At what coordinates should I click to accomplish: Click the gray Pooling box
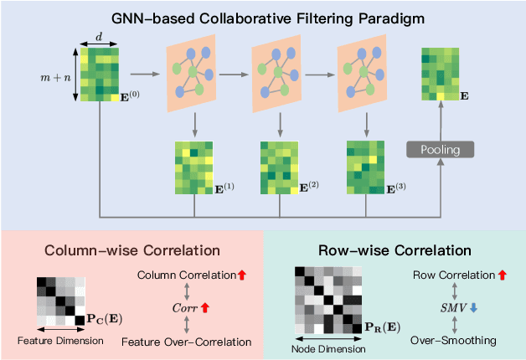pyautogui.click(x=440, y=149)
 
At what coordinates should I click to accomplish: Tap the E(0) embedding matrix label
pyautogui.click(x=129, y=95)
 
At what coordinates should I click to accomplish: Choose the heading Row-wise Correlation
pyautogui.click(x=394, y=249)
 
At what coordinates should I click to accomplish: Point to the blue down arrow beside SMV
pyautogui.click(x=472, y=307)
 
